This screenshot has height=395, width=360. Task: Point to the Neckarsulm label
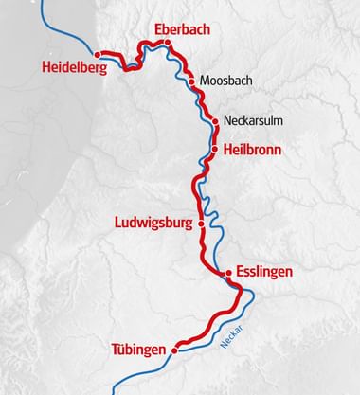[x=253, y=121]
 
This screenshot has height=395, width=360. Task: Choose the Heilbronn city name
[x=252, y=150]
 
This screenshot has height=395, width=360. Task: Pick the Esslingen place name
[x=265, y=272]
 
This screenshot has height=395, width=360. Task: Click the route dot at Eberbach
[x=167, y=43]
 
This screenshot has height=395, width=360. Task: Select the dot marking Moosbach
[x=192, y=81]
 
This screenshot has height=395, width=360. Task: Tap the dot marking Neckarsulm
[x=215, y=121]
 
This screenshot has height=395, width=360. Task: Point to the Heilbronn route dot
[x=216, y=149]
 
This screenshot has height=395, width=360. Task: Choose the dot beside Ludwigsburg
[x=201, y=224]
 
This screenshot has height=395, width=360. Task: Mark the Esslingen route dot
[x=227, y=274]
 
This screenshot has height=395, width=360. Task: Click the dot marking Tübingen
[x=174, y=350]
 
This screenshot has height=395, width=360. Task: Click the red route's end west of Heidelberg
[x=98, y=53]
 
